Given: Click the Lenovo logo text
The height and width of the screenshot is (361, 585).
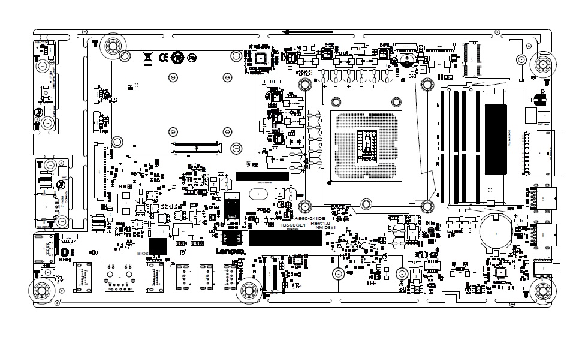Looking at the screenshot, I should pyautogui.click(x=230, y=254).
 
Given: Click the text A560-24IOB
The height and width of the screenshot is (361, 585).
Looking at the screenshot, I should pyautogui.click(x=309, y=218).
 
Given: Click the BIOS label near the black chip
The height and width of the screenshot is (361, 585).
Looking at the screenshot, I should pyautogui.click(x=143, y=254).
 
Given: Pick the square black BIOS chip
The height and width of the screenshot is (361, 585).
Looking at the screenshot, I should pyautogui.click(x=157, y=246).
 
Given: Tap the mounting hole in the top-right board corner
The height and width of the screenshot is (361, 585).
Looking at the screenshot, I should pyautogui.click(x=544, y=64).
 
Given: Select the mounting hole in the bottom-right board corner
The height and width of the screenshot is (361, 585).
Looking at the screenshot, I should pyautogui.click(x=542, y=291).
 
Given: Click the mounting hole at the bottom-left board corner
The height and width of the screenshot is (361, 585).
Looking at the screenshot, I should pyautogui.click(x=42, y=291).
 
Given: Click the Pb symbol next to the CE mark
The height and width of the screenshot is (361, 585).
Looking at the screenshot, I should pyautogui.click(x=191, y=58).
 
